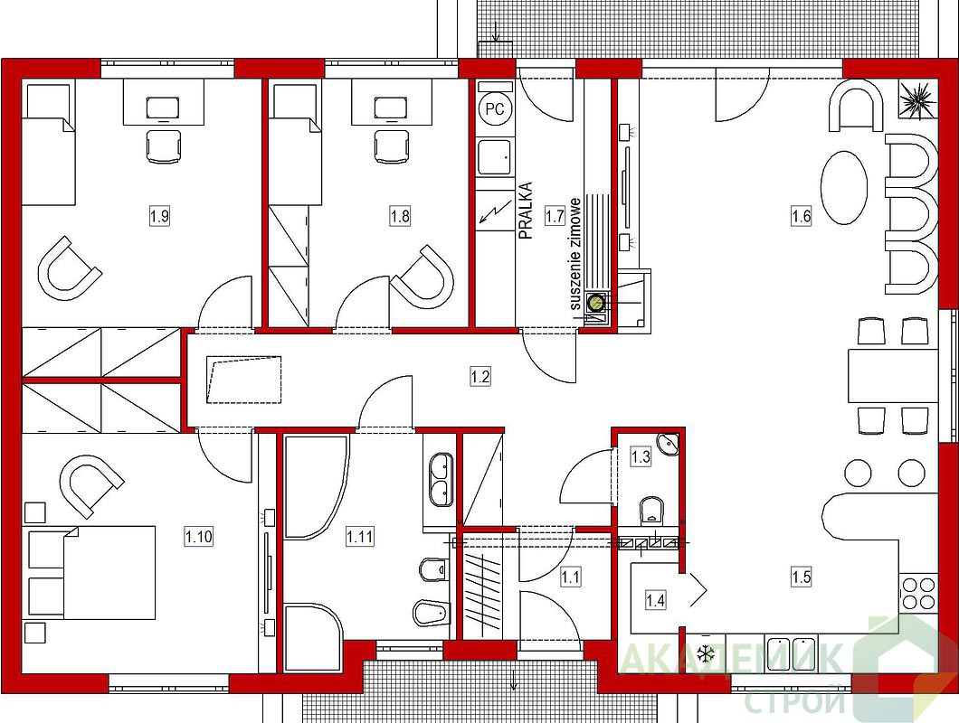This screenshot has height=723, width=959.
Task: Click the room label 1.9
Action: (159, 216)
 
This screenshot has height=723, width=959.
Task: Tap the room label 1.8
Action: (400, 216)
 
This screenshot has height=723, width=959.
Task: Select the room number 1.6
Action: (802, 216)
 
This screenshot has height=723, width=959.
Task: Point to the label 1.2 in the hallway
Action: (480, 376)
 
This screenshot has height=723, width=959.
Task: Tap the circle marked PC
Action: (495, 108)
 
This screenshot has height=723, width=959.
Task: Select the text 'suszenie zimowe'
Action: (574, 254)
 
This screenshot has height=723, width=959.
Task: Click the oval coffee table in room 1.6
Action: (842, 189)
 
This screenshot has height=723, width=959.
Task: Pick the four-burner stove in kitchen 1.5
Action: (917, 593)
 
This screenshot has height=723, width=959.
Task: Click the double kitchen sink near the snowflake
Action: (792, 653)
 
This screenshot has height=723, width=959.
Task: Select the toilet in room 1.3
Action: (650, 511)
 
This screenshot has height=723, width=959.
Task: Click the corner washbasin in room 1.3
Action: (667, 444)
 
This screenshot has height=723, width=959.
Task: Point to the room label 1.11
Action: (360, 537)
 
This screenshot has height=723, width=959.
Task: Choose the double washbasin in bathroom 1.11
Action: (441, 480)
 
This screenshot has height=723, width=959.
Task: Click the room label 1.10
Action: (199, 537)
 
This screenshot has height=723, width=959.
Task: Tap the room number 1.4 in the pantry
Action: (655, 600)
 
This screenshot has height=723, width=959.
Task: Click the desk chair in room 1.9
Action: (164, 146)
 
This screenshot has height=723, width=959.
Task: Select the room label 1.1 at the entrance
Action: (571, 577)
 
